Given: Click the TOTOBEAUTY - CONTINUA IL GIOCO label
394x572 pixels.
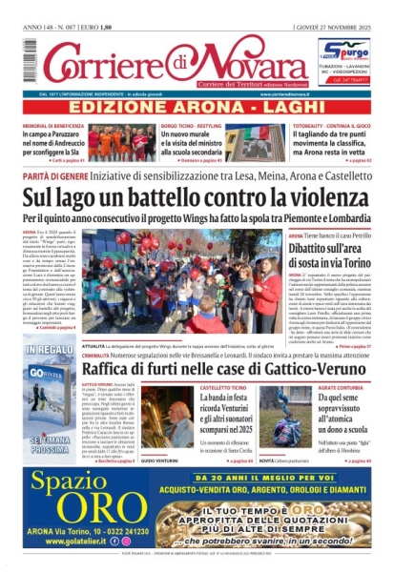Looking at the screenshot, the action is click(321, 126).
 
